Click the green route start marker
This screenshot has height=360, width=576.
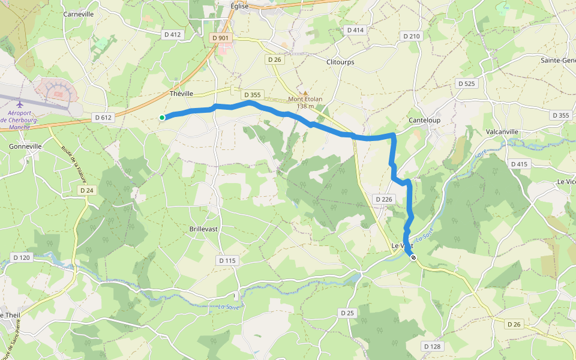(x=162, y=118)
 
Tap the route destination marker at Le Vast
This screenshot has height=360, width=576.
(x=413, y=257)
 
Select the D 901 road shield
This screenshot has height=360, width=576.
(x=221, y=38)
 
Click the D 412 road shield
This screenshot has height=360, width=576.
(x=172, y=35)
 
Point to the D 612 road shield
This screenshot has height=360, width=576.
(x=103, y=118)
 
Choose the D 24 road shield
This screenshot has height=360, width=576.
(x=88, y=190)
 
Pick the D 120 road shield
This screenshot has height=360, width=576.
(x=21, y=257)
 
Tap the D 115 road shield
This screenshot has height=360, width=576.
(x=228, y=260)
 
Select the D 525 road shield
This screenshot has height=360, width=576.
(x=466, y=83)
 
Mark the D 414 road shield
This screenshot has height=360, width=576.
(x=355, y=30)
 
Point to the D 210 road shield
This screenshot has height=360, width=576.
(x=412, y=37)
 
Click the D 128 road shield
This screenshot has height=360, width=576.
(x=432, y=346)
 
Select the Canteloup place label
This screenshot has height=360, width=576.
(x=424, y=120)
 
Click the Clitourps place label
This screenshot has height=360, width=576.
(x=340, y=62)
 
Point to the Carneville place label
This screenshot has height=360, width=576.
(x=79, y=14)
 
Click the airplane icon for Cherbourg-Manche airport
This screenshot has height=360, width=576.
(x=20, y=104)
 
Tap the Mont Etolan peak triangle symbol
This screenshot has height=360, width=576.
(x=305, y=93)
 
